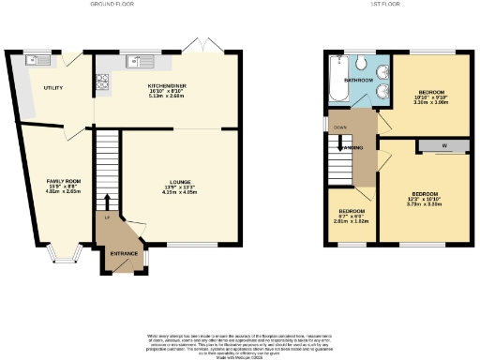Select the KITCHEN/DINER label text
pyautogui.click(x=165, y=84)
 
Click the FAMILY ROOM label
pyautogui.click(x=65, y=180)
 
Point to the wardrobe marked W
pyautogui.click(x=443, y=144)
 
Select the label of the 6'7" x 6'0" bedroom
pyautogui.click(x=352, y=212)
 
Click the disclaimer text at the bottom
pyautogui.click(x=240, y=340)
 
